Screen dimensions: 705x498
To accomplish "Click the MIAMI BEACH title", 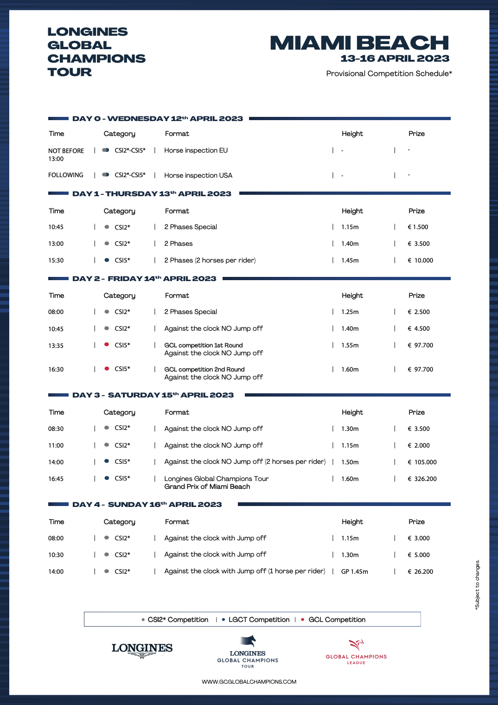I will pos(359,43).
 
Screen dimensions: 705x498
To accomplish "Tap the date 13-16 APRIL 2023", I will pos(395,58).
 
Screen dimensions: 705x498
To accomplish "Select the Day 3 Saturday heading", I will pos(153,395).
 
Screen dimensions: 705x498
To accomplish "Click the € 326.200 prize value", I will pos(422,479).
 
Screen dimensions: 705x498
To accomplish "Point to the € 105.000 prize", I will pos(422,462).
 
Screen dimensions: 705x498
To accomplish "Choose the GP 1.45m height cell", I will pos(355,571).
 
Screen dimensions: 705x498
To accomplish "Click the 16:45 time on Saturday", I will pos(56,479).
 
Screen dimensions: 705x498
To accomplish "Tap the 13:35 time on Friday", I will pos(56,346).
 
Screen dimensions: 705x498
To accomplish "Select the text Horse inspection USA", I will pos(198,175).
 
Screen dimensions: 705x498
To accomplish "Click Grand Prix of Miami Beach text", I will pos(207,487).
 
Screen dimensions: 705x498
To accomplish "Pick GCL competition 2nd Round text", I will pos(204,369).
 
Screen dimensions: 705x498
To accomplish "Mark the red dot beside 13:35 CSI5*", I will pos(107,345).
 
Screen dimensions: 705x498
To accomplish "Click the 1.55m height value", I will pos(350,346).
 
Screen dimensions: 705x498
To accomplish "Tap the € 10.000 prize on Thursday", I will pos(420,260).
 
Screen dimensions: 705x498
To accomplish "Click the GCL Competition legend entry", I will pos(337,620).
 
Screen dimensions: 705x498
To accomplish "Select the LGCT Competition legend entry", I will pos(259,620).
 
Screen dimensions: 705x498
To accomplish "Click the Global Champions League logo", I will pos(356,652).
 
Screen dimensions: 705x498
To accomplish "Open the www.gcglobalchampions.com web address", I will pos(249,682).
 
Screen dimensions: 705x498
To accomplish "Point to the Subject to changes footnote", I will pos(478,584).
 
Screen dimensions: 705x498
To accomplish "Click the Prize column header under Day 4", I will pos(416,522).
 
